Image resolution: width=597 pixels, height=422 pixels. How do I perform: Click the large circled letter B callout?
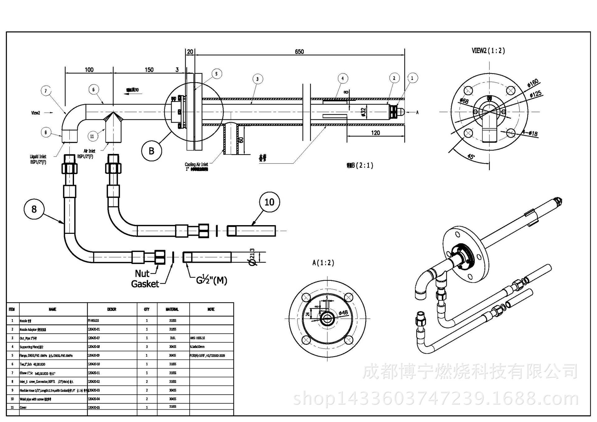click(x=151, y=151)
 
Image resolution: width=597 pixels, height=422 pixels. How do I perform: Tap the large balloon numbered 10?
click(x=269, y=202)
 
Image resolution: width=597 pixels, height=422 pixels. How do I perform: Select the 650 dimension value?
click(x=299, y=52)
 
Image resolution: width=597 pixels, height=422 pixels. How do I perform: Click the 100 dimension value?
click(x=89, y=70)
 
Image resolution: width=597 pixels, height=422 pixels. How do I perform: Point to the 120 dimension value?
click(x=375, y=133)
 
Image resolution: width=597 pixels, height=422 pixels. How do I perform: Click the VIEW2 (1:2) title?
click(x=488, y=51)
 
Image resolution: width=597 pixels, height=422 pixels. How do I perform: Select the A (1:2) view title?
click(x=323, y=263)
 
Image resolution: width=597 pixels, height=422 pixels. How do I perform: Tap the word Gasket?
click(x=145, y=284)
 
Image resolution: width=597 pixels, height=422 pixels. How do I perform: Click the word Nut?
click(x=142, y=274)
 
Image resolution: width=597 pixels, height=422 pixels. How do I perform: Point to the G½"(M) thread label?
click(x=211, y=280)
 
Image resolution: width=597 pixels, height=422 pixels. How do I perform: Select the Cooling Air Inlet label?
click(x=196, y=165)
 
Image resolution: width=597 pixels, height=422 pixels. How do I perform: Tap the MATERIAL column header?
click(x=172, y=309)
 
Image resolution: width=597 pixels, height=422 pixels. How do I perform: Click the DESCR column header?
click(x=112, y=309)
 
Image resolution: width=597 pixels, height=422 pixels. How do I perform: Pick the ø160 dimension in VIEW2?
click(x=533, y=83)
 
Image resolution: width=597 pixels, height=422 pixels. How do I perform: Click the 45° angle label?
click(x=471, y=156)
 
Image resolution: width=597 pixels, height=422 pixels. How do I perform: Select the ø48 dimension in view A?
click(x=343, y=312)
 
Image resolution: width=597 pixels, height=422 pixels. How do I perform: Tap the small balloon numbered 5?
click(x=216, y=74)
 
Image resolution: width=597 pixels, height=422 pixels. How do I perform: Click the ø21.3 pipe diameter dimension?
click(x=252, y=257)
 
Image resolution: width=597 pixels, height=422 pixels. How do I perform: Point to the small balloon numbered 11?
click(x=92, y=136)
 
